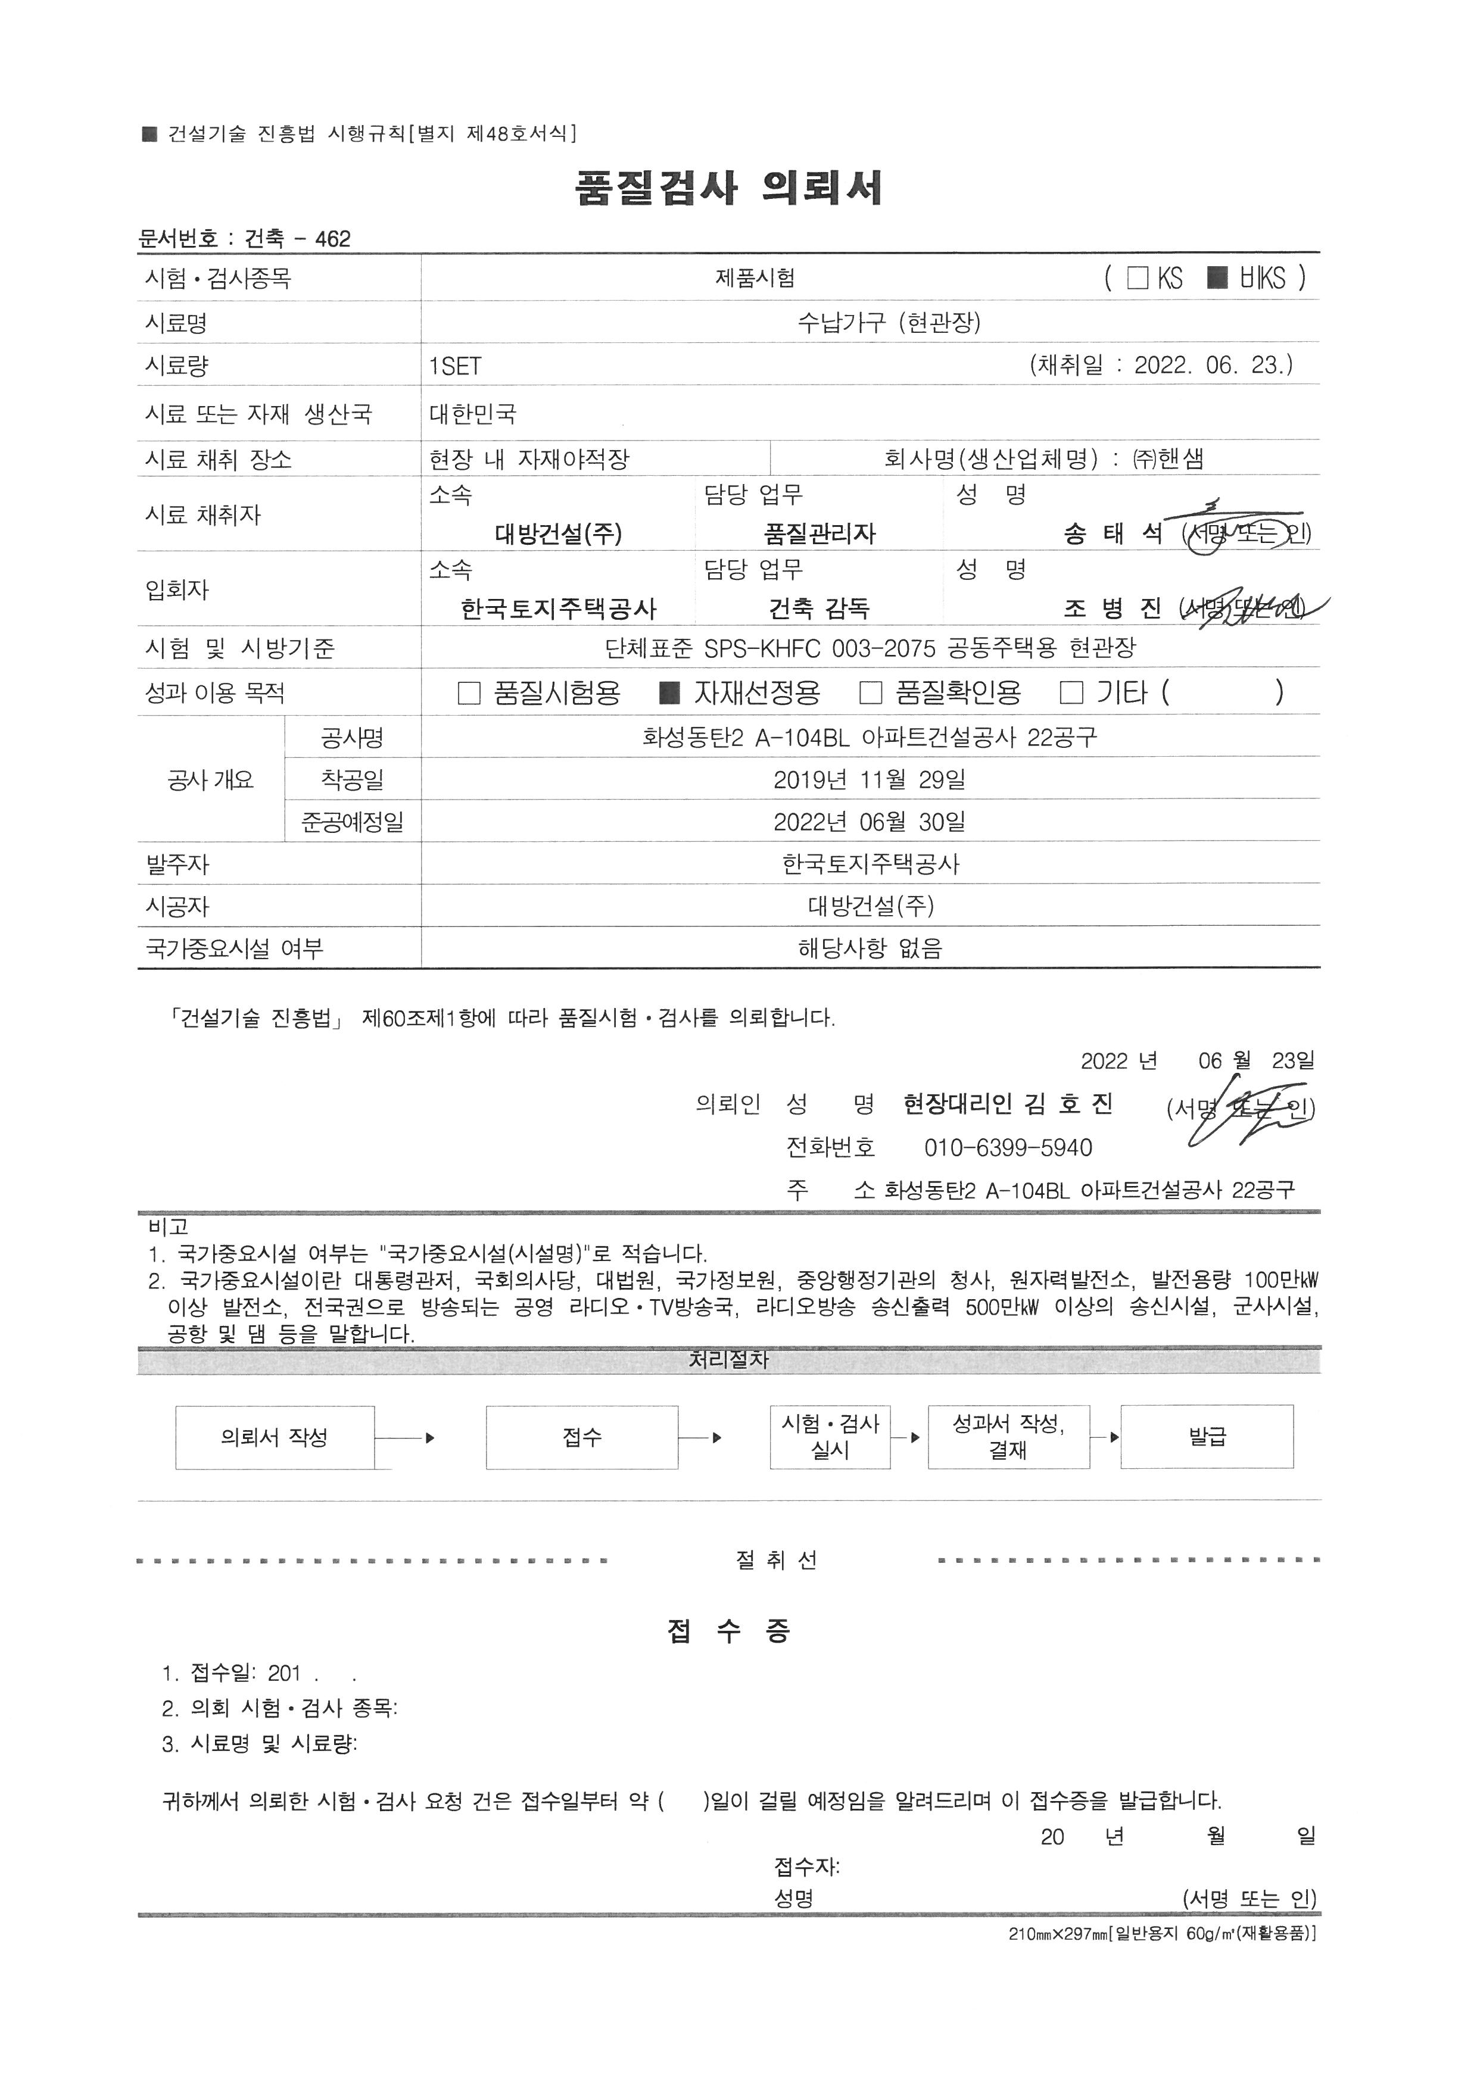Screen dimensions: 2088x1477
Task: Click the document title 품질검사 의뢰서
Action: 728,188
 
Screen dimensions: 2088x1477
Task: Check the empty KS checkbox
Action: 1137,277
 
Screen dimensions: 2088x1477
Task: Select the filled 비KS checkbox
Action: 1217,277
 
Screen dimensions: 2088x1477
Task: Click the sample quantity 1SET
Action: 455,367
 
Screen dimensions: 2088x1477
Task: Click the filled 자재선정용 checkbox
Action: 669,694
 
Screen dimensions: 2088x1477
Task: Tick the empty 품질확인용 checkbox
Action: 870,694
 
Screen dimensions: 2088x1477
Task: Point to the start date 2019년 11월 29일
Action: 870,779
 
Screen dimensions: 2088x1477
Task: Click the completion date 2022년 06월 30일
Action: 870,822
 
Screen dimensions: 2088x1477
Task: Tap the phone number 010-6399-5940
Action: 1008,1148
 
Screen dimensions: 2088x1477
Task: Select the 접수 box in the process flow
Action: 582,1437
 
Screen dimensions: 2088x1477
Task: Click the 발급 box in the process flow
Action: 1207,1437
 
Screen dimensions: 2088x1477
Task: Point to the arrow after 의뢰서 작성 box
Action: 406,1438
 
